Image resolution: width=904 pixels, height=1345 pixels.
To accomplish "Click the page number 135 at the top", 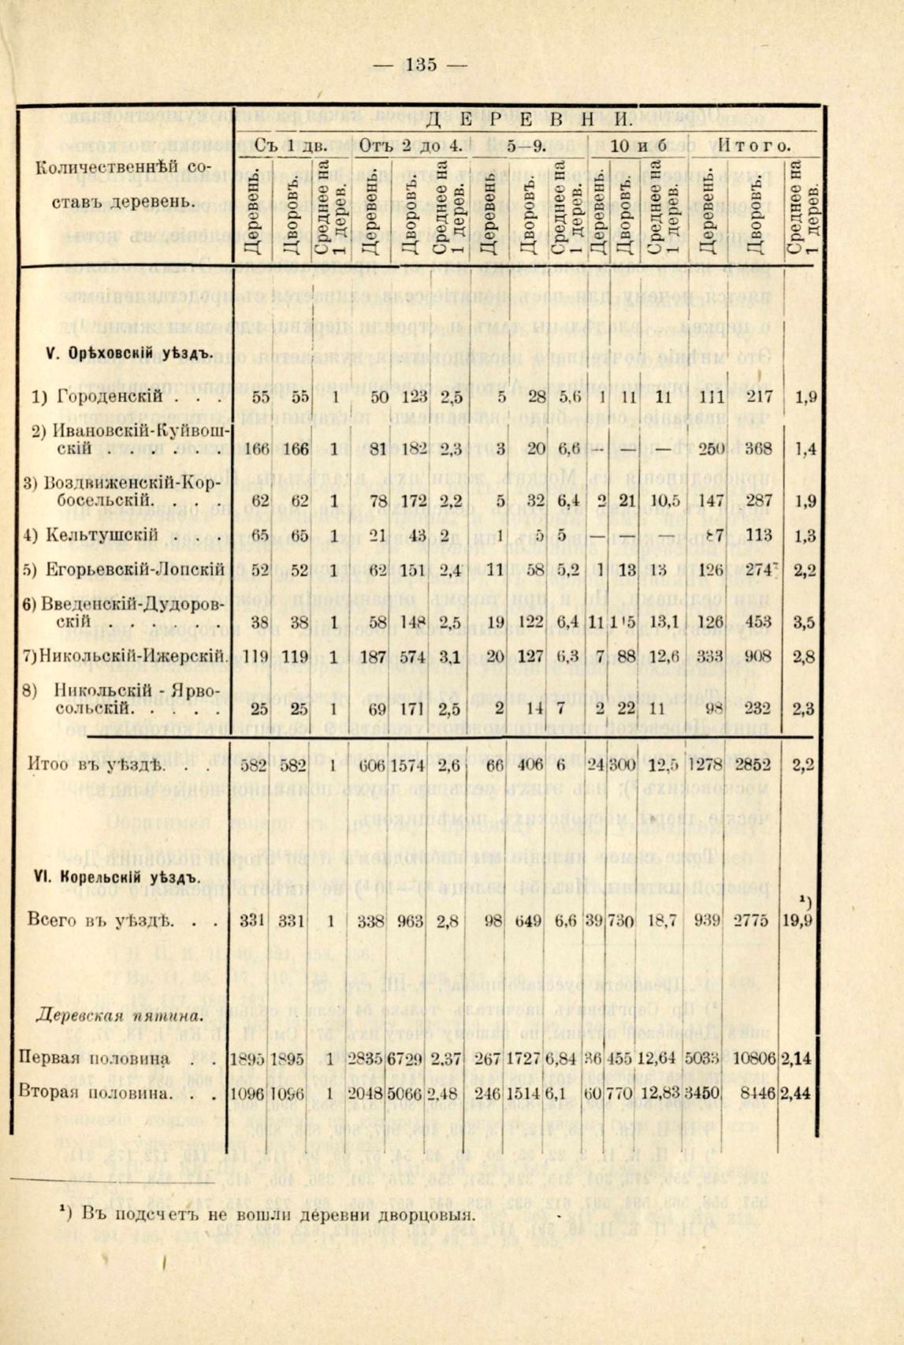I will [x=421, y=65].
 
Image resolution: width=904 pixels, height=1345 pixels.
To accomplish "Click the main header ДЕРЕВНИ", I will [x=528, y=121].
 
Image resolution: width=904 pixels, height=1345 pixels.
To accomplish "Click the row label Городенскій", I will [x=109, y=397].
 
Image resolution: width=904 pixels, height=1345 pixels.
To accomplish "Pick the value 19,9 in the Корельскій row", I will [x=804, y=920].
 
